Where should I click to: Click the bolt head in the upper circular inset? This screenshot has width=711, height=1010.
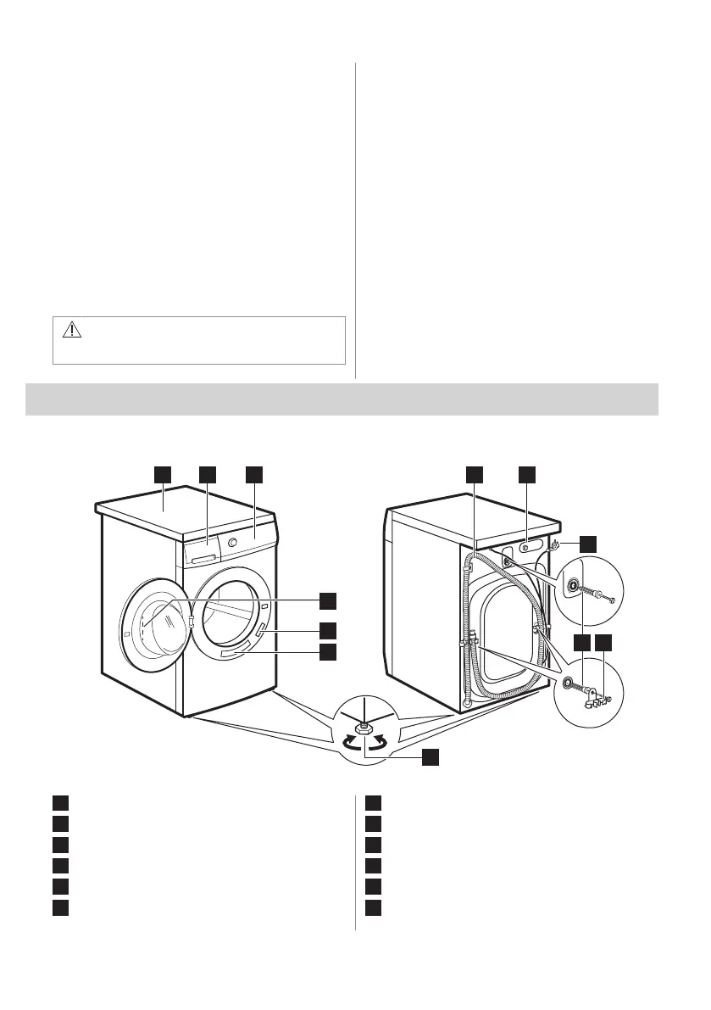tap(575, 586)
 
